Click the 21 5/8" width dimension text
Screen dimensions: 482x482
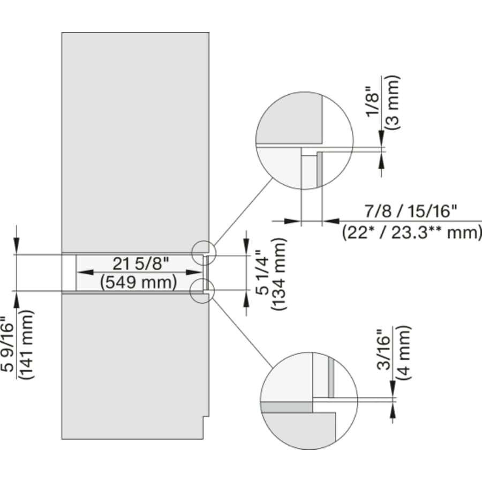[140, 264]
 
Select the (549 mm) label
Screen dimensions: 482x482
[139, 282]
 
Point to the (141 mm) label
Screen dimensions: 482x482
[27, 344]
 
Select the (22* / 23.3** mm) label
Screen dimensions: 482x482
[411, 232]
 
